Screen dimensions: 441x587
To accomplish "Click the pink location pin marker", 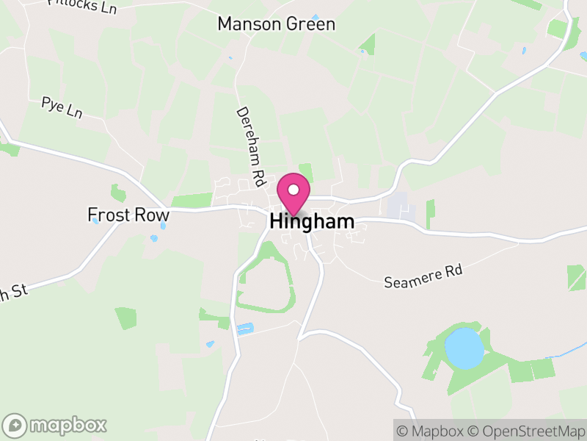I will pyautogui.click(x=293, y=193).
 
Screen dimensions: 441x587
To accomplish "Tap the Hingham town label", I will pyautogui.click(x=312, y=221).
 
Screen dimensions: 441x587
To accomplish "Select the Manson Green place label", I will pyautogui.click(x=276, y=24).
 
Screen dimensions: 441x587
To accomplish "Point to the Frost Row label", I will pyautogui.click(x=128, y=215).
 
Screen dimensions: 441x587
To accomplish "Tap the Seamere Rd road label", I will pyautogui.click(x=424, y=277).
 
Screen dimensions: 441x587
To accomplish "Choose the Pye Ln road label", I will pyautogui.click(x=62, y=107).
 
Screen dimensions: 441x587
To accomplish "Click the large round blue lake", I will pyautogui.click(x=464, y=348).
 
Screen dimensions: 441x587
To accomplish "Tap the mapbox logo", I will pyautogui.click(x=55, y=425).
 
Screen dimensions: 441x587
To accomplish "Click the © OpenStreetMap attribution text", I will pyautogui.click(x=526, y=430).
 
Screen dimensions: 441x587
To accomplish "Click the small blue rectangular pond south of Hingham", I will pyautogui.click(x=244, y=329).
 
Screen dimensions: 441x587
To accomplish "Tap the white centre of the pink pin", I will pyautogui.click(x=293, y=190).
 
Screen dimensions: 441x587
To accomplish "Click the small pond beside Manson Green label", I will pyautogui.click(x=315, y=17).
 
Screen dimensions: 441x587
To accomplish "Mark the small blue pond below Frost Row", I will pyautogui.click(x=154, y=238).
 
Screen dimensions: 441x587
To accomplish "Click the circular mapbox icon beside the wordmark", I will pyautogui.click(x=15, y=425).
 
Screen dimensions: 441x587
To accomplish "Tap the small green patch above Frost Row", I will pyautogui.click(x=117, y=193).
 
